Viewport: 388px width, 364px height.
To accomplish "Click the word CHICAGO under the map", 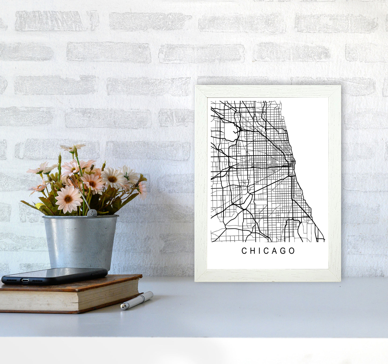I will (x=268, y=251).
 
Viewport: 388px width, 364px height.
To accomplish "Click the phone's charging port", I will (x=25, y=280).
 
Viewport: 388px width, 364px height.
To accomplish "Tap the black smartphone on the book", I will (x=54, y=275).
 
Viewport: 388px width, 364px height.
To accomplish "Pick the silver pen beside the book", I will (x=137, y=301).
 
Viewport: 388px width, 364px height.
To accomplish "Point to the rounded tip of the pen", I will (x=122, y=306).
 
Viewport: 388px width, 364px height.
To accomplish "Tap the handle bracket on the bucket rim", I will (x=92, y=213).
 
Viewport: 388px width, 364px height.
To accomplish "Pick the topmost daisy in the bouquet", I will (x=73, y=147).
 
